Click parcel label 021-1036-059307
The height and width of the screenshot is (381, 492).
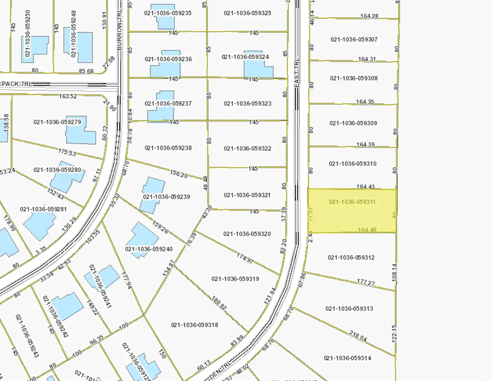(x=354, y=39)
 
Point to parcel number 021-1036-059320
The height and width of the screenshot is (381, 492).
(x=247, y=234)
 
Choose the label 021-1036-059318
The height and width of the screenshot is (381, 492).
(x=194, y=325)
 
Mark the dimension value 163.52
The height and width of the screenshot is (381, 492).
(x=68, y=96)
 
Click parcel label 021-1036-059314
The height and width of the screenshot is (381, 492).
(x=347, y=358)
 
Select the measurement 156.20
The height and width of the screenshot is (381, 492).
(x=178, y=175)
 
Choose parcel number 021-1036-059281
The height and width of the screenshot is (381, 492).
(x=43, y=209)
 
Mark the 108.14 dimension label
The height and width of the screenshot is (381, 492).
(x=394, y=272)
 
